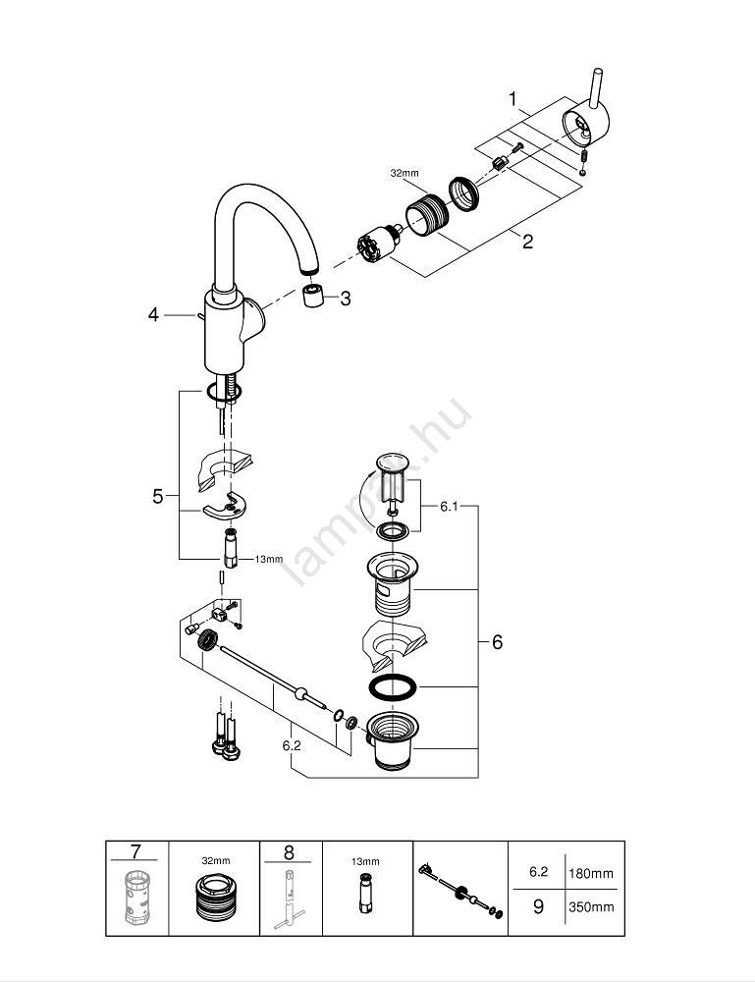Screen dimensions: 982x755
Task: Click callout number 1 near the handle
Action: [512, 98]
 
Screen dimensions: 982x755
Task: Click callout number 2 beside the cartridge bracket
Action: [527, 241]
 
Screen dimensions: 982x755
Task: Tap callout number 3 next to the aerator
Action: [345, 299]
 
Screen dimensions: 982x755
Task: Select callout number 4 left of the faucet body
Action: [153, 314]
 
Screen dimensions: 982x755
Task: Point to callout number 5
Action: [158, 497]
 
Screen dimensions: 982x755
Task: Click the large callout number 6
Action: [497, 642]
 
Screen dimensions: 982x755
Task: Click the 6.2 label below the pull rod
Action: [291, 746]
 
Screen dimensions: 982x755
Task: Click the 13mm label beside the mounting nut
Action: [268, 559]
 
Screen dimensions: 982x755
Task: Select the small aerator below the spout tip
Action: [313, 297]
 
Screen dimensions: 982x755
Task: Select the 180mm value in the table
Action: [590, 872]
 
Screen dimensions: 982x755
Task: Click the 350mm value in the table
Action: [590, 907]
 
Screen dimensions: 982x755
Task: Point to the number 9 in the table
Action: [537, 907]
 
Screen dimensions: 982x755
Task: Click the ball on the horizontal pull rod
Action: [297, 693]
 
